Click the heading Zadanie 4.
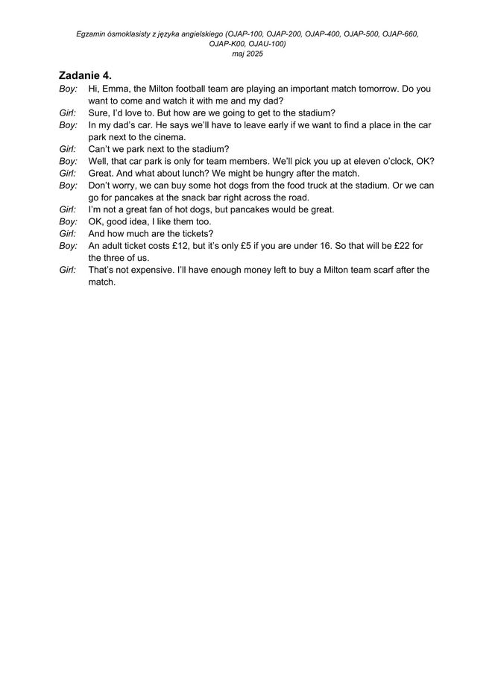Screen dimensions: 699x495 (85, 76)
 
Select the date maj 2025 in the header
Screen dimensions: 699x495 (248, 54)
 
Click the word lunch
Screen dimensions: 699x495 (193, 174)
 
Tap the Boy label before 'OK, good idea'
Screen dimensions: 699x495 (68, 222)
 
